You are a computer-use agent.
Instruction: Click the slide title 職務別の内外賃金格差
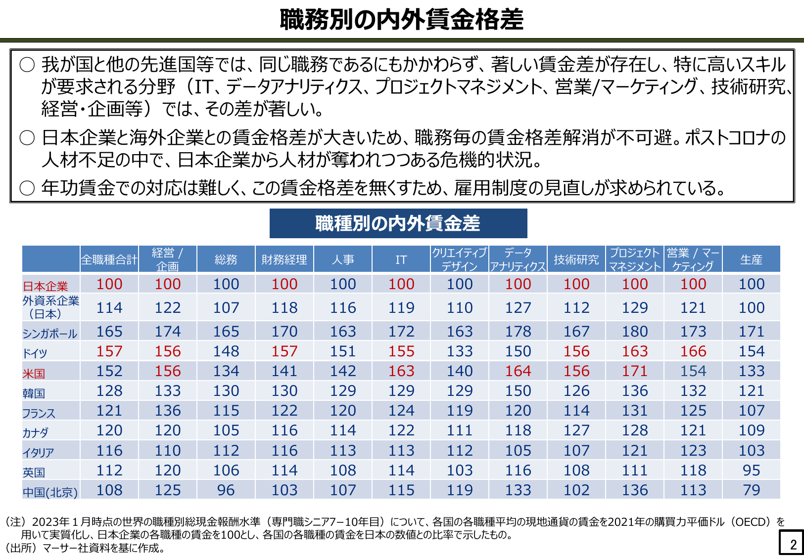point(402,19)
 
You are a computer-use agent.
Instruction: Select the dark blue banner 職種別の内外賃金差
point(398,223)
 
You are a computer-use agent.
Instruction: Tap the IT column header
point(401,259)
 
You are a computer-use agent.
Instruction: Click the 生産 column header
point(751,259)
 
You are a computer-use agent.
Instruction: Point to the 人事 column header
point(343,259)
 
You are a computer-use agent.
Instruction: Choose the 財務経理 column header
point(284,259)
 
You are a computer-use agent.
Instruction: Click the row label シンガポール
point(50,334)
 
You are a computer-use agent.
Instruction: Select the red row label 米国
point(34,374)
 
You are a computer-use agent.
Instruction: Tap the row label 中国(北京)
point(50,492)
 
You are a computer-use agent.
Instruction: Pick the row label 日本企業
point(45,286)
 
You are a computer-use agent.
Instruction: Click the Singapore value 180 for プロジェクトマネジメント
point(635,331)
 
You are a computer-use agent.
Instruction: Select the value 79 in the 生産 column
point(751,490)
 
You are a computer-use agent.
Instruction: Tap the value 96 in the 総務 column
point(226,490)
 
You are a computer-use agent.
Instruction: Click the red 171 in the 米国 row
point(635,371)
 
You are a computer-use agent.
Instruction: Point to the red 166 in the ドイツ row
point(693,351)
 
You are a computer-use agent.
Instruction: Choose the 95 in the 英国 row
point(751,470)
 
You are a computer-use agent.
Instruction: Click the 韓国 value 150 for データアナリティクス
point(518,390)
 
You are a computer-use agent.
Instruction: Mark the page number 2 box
point(791,543)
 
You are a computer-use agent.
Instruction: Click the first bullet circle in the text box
point(27,65)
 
